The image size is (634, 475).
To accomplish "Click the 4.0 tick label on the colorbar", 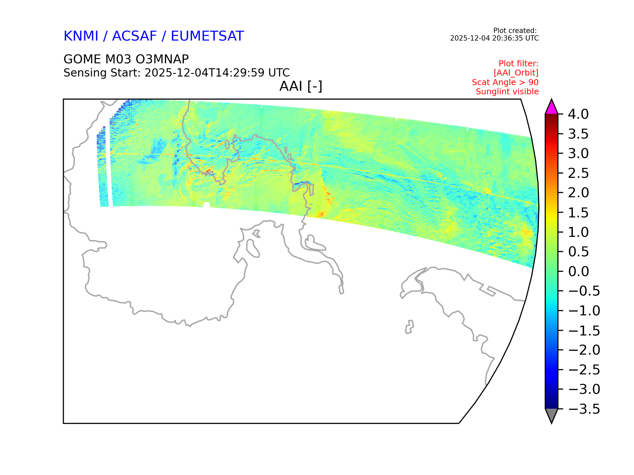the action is coord(578,114).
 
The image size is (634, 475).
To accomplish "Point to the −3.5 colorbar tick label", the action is coord(584,409).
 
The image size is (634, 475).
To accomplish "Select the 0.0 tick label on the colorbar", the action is coord(578,271).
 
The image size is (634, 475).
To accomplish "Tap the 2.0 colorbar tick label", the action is coord(578,193).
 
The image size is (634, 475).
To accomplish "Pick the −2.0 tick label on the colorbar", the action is coord(584,350).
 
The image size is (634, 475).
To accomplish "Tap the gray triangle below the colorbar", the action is coord(551,415).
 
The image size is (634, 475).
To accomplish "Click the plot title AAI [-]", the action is coord(301,86).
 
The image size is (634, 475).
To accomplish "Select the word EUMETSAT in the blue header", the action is coord(207,36).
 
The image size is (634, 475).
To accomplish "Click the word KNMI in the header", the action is coord(81,36).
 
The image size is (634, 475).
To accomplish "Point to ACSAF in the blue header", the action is coord(134,36).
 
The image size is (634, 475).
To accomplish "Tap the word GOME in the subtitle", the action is coord(82,59).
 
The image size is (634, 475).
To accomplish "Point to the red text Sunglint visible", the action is coord(507,92).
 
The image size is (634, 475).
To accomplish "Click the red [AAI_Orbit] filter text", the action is coord(516,73).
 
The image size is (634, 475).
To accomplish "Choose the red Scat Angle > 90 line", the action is coord(505,82).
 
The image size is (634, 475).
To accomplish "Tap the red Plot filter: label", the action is coord(518,63).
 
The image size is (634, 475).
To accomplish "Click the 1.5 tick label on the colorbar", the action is coord(578,212).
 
